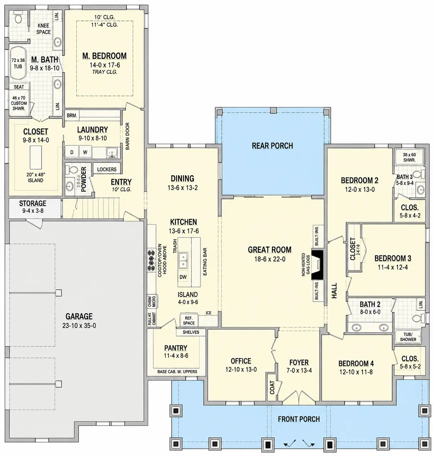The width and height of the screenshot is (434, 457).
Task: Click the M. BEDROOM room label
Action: tap(104, 56)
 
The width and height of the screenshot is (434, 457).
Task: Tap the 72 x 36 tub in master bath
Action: tap(18, 63)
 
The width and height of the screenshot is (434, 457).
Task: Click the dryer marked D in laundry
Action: tap(72, 152)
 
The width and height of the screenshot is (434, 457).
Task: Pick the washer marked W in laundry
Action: tap(85, 152)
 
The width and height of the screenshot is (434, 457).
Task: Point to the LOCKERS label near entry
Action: tap(107, 170)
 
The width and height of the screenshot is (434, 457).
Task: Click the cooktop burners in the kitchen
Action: tap(152, 260)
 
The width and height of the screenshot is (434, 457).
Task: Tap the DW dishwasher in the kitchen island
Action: tap(183, 277)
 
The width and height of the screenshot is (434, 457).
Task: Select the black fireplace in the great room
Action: tap(317, 265)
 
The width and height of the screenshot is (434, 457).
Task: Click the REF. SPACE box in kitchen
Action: tap(189, 320)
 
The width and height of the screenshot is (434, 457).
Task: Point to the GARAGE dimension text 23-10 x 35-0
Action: tap(79, 326)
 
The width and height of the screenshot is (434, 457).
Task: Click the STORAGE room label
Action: tap(33, 203)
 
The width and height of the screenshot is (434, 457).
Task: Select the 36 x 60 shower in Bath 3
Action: tap(409, 157)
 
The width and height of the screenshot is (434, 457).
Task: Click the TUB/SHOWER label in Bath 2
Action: tap(408, 337)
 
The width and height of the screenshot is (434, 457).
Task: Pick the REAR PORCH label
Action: tap(273, 146)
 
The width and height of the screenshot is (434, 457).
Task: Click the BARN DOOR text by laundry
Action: tap(127, 136)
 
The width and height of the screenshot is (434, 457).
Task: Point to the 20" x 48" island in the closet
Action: tap(35, 157)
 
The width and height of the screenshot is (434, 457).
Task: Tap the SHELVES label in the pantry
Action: tap(191, 332)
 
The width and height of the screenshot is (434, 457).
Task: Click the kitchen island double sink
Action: tap(183, 260)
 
